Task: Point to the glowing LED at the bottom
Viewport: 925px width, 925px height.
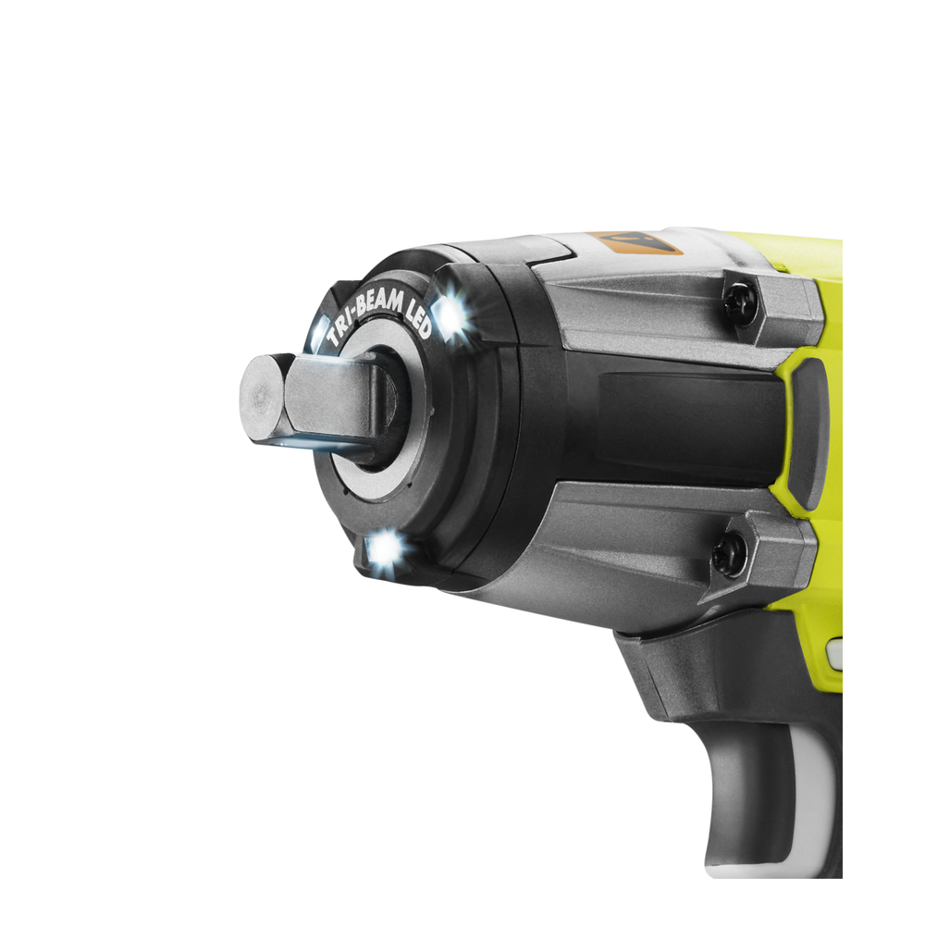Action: coord(384,547)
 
